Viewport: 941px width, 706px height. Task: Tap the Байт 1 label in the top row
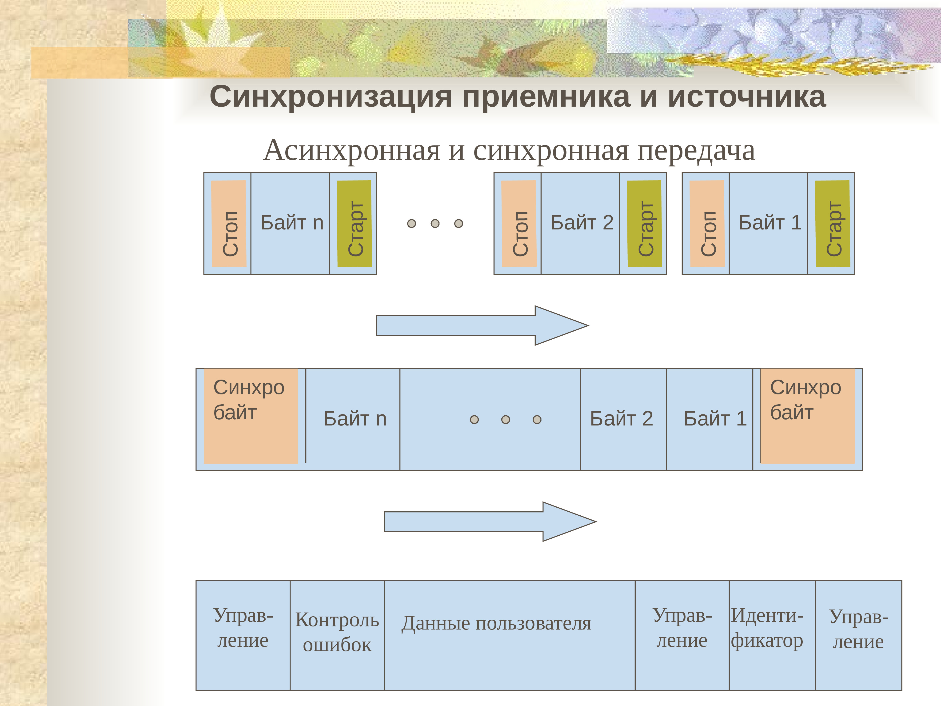pyautogui.click(x=770, y=223)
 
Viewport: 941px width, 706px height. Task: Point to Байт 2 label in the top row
pyautogui.click(x=582, y=223)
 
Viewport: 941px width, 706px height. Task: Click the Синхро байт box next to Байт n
pyautogui.click(x=251, y=416)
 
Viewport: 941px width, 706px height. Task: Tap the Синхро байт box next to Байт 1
pyautogui.click(x=807, y=416)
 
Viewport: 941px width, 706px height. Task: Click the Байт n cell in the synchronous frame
pyautogui.click(x=354, y=419)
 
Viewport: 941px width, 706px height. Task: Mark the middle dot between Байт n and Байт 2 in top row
pyautogui.click(x=435, y=223)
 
